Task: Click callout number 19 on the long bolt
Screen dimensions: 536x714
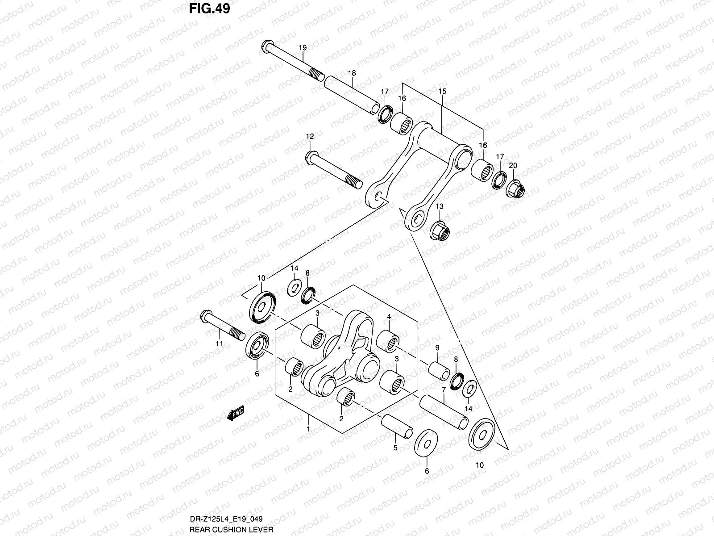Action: pyautogui.click(x=303, y=48)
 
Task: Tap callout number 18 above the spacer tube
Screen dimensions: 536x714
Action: pyautogui.click(x=352, y=72)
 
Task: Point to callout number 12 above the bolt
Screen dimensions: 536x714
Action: pyautogui.click(x=310, y=136)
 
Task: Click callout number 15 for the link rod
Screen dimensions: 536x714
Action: pyautogui.click(x=442, y=91)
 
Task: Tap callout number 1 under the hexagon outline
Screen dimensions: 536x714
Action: pyautogui.click(x=308, y=429)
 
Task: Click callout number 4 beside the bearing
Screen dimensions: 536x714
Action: pyautogui.click(x=389, y=317)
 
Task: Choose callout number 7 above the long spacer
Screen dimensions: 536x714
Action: pyautogui.click(x=444, y=390)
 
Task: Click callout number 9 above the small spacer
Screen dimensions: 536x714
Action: pyautogui.click(x=437, y=348)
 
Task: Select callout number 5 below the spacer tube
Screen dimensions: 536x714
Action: pyautogui.click(x=394, y=447)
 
